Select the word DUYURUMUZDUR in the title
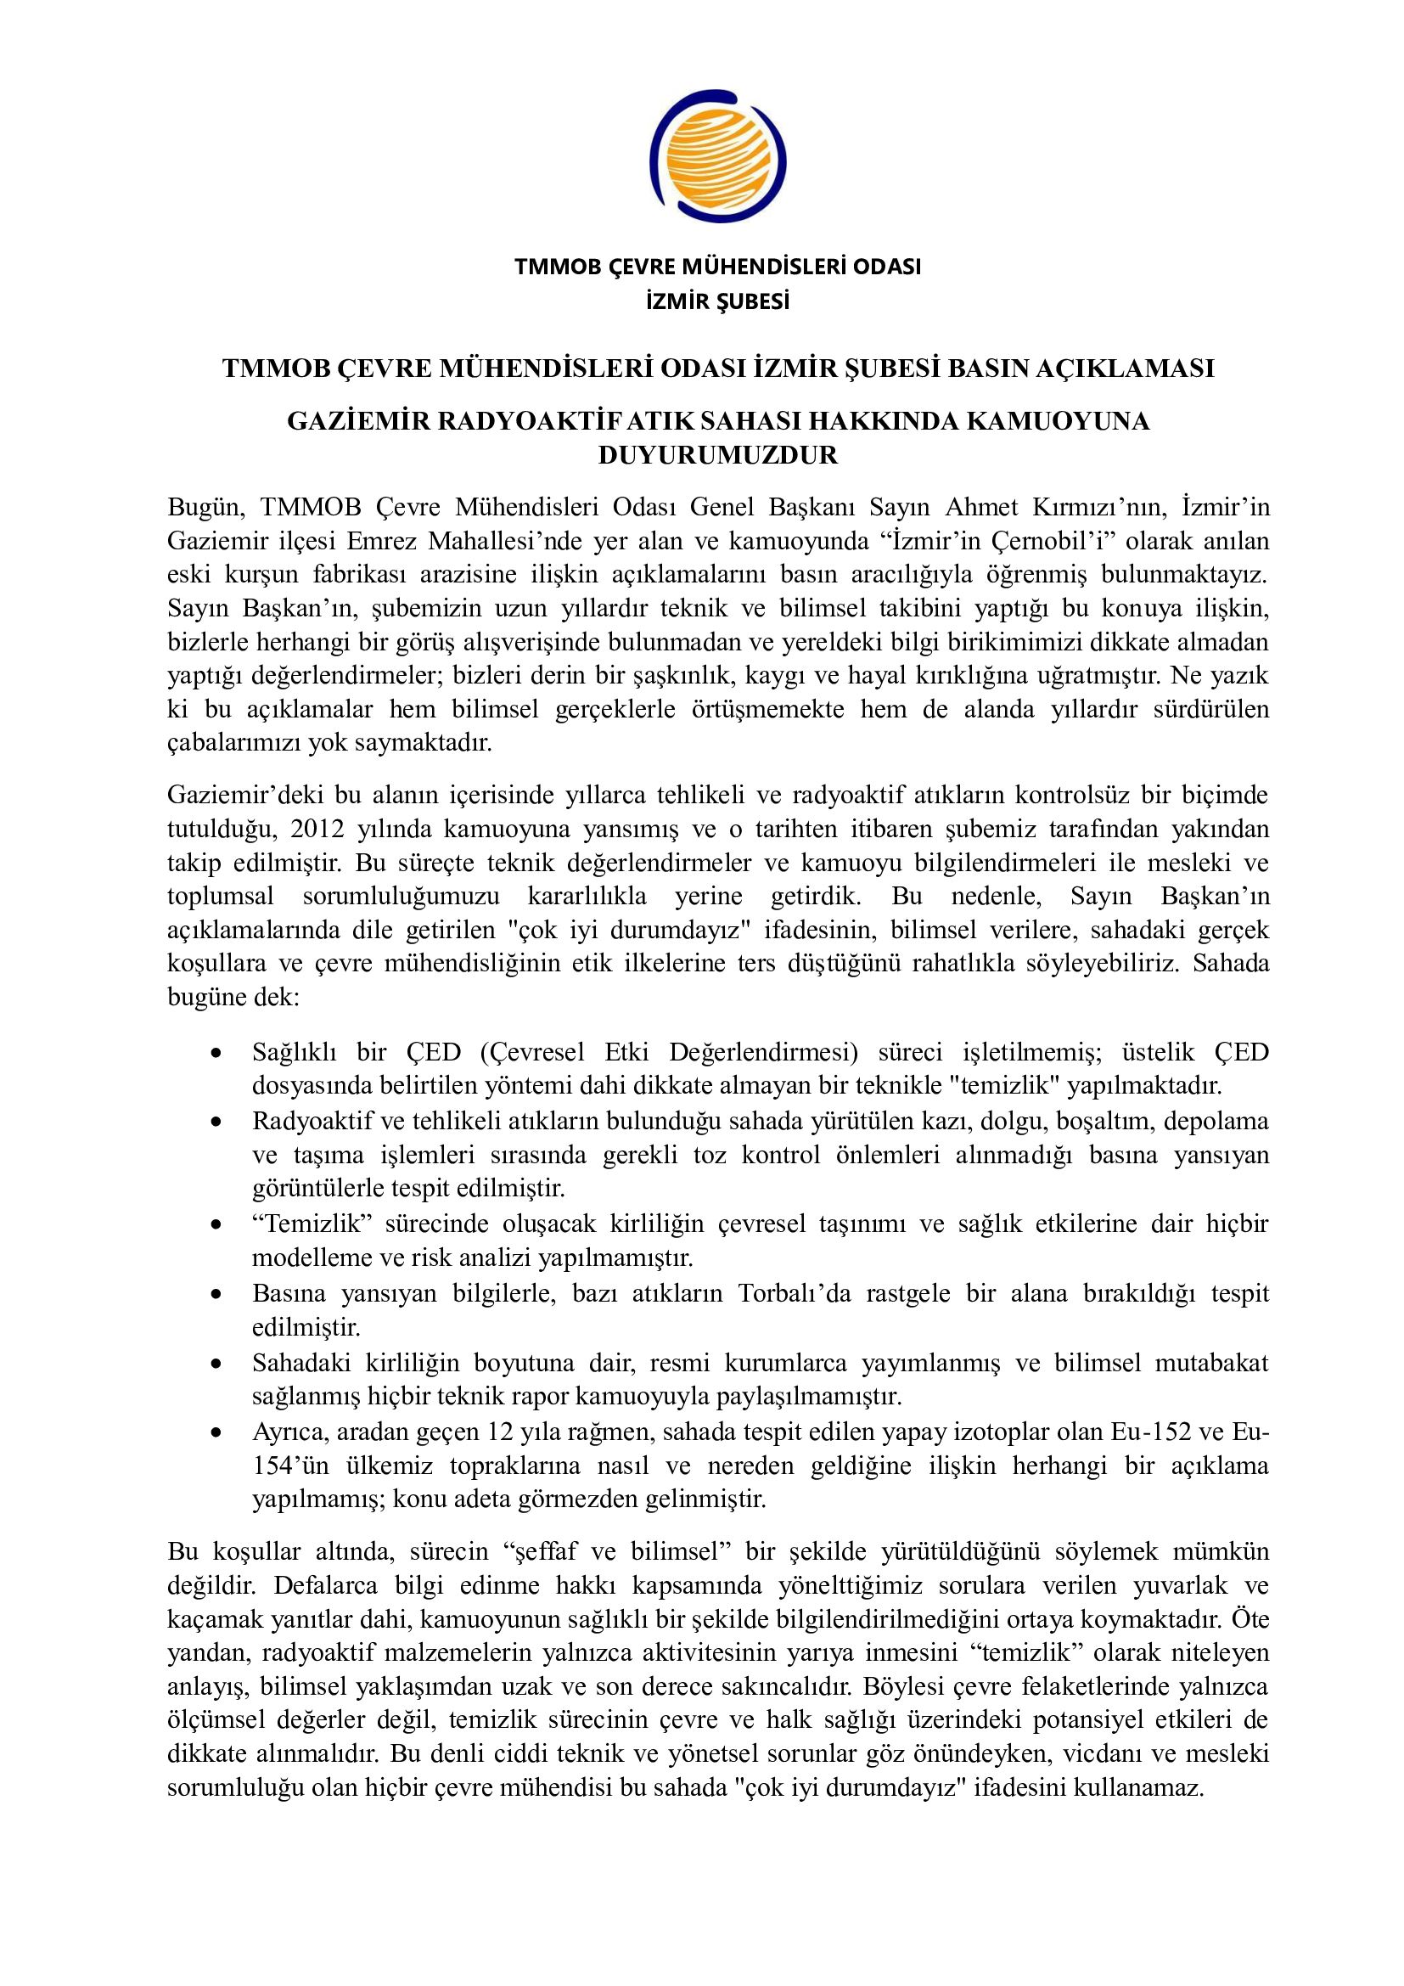(718, 455)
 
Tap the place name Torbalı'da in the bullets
(789, 1294)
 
